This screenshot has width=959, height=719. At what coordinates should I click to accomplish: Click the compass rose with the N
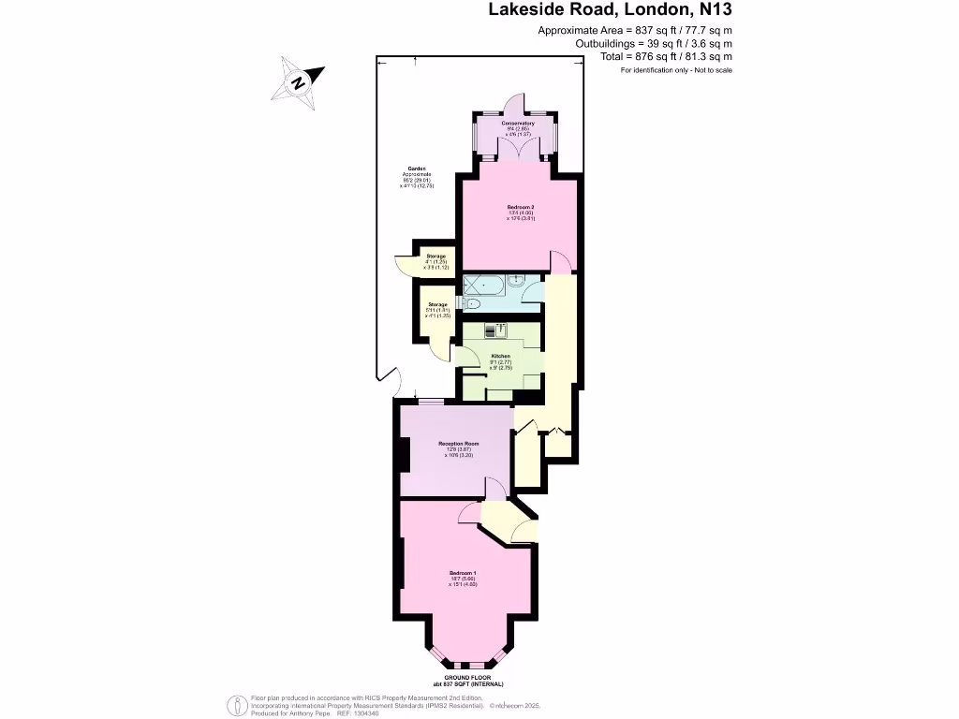(297, 80)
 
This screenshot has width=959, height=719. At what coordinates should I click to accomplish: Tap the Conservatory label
(517, 124)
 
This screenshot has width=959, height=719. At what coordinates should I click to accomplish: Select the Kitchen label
(501, 358)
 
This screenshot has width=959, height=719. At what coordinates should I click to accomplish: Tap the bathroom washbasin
(518, 278)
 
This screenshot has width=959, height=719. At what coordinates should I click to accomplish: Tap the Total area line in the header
(666, 56)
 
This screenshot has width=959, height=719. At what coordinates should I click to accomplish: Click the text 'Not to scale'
(713, 70)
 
